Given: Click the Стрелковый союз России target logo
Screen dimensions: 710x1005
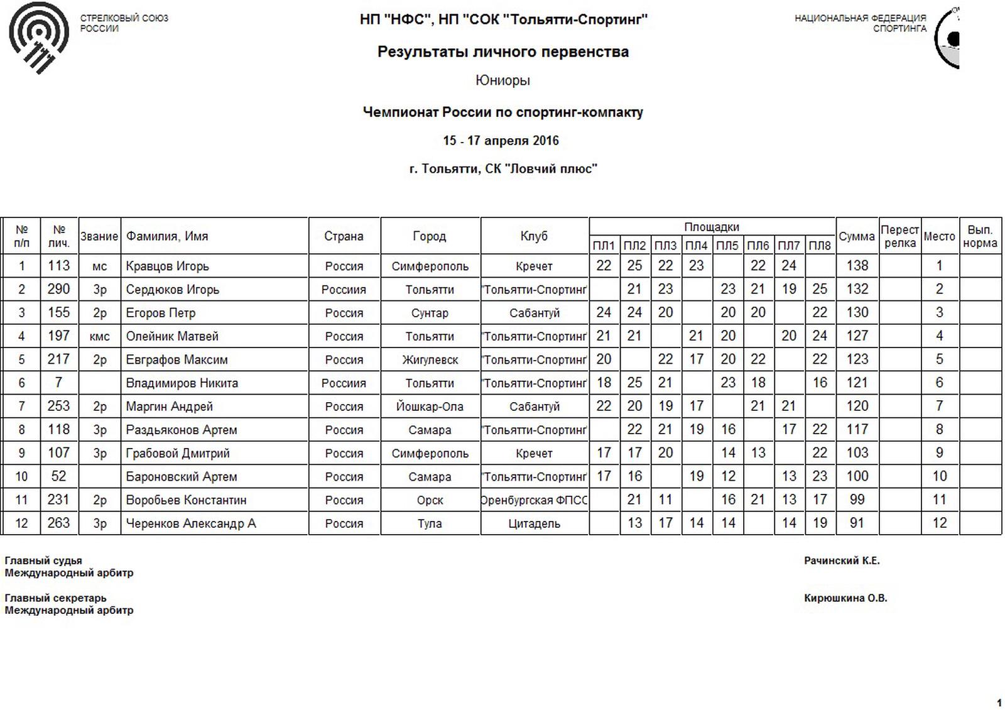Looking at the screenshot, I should point(38,37).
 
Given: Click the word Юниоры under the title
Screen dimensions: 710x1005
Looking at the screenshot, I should point(503,80).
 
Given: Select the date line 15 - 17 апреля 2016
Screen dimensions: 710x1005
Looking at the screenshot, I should point(501,141).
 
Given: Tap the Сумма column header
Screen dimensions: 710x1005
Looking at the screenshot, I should point(856,236).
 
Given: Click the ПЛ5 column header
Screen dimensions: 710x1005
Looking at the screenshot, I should point(727,246).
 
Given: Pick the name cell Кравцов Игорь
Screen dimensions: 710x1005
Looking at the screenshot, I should point(167,266).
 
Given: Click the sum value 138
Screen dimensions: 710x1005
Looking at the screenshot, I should point(857,266).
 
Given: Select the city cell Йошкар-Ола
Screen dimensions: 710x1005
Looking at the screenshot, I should point(430,407).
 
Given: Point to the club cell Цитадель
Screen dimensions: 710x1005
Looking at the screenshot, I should point(534,523).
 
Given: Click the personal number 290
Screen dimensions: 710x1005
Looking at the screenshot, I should point(58,290).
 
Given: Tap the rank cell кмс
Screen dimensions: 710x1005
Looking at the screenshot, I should point(99,336).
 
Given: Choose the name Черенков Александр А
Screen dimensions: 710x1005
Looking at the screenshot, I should point(191,523).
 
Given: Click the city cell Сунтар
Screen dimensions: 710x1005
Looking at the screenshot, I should point(430,313).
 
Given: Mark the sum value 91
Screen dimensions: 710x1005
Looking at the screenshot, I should point(857,523).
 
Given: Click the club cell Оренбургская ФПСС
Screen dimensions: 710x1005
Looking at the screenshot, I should point(534,500).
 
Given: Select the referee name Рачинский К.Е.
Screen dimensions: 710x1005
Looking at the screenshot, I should point(842,560).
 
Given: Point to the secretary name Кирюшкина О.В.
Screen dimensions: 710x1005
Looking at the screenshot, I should point(845,598).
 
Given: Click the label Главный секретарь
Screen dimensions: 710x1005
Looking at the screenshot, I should point(55,598).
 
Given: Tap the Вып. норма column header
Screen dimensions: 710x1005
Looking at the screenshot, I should point(980,236).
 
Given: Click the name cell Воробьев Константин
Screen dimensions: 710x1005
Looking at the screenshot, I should point(186,500).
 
